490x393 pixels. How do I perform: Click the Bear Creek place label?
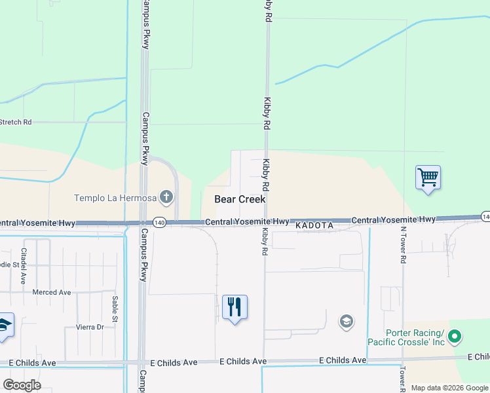point(240,199)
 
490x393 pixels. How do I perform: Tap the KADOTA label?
point(314,225)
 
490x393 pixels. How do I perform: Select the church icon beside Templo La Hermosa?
point(166,196)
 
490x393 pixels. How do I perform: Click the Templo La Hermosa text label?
point(115,197)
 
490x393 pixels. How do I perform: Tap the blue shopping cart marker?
point(428,177)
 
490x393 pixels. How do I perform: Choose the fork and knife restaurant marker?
point(235,307)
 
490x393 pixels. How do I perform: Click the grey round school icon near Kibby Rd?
point(346,321)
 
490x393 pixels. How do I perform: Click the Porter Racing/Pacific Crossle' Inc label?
point(406,337)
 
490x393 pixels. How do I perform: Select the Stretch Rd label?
point(16,122)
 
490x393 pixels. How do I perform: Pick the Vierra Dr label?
point(91,327)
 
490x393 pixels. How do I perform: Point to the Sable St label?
point(115,309)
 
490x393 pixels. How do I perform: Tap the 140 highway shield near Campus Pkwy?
point(159,223)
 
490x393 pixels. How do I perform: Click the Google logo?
point(22,384)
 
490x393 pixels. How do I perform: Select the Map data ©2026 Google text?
point(449,388)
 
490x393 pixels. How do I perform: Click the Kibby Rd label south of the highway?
point(265,240)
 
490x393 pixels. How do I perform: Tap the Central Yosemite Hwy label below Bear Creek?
point(247,222)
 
